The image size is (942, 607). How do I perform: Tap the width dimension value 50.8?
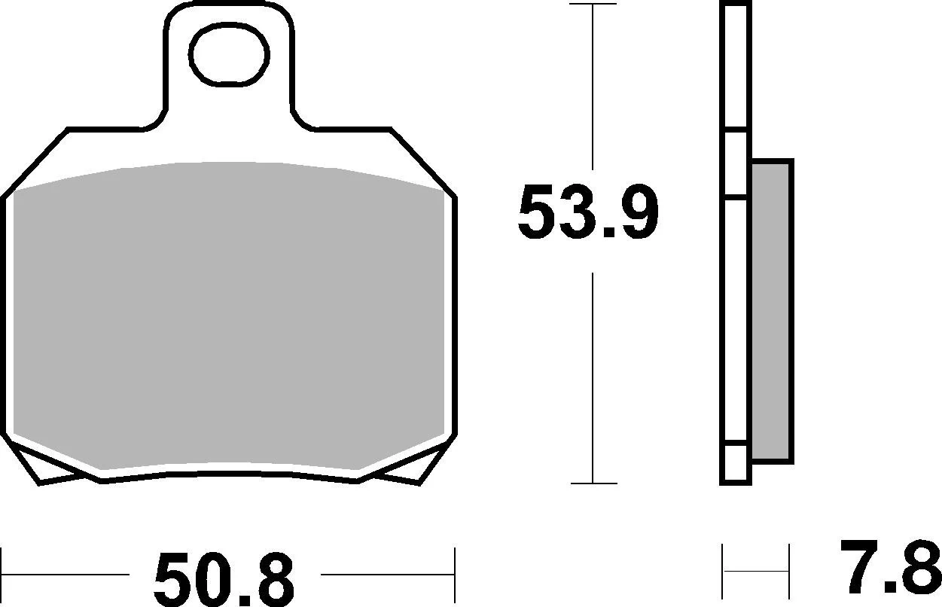[224, 579]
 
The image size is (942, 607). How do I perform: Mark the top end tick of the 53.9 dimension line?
[593, 5]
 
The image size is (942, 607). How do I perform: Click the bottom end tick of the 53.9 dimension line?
[593, 483]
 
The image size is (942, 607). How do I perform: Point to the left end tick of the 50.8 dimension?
[2, 573]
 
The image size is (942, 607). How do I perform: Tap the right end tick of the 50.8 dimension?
[455, 573]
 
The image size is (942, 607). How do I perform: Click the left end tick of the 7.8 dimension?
[724, 570]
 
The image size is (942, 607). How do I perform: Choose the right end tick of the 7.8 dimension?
[788, 570]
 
